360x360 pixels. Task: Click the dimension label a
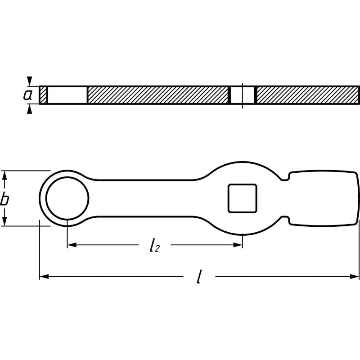point(28,95)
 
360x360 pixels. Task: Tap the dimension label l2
point(154,245)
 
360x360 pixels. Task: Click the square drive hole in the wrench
point(243,198)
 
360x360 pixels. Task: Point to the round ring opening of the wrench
point(67,198)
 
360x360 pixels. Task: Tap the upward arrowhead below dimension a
point(30,109)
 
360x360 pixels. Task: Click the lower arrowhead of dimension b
point(5,221)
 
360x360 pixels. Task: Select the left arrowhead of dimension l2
point(71,245)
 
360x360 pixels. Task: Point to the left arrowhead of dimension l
point(43,276)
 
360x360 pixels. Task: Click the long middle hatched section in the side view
point(157,95)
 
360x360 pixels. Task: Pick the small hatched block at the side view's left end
point(43,95)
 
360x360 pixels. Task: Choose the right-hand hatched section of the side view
point(307,95)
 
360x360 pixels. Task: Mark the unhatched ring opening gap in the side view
point(67,95)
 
